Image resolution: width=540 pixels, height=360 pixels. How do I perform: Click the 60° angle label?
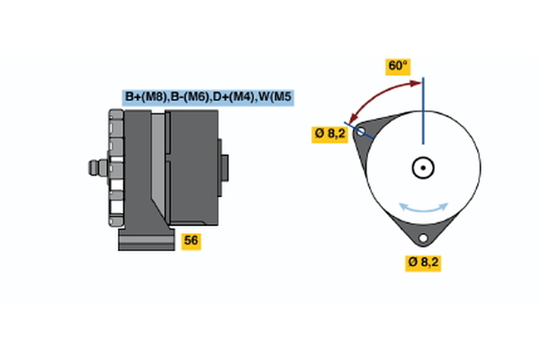click(398, 66)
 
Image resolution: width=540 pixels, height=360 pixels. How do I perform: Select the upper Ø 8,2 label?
click(329, 134)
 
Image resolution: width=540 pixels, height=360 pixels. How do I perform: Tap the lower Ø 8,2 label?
click(423, 262)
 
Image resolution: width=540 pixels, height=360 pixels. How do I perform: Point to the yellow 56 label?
click(191, 240)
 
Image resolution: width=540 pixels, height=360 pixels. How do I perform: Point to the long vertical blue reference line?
click(422, 112)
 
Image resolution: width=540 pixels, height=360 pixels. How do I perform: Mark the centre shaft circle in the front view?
click(422, 167)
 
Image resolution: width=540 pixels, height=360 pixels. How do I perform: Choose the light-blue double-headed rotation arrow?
click(423, 208)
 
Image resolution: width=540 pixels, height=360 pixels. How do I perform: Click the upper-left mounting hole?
click(362, 132)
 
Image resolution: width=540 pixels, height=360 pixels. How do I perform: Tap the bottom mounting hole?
click(422, 238)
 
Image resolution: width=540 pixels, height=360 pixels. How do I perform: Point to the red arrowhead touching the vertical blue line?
click(416, 84)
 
